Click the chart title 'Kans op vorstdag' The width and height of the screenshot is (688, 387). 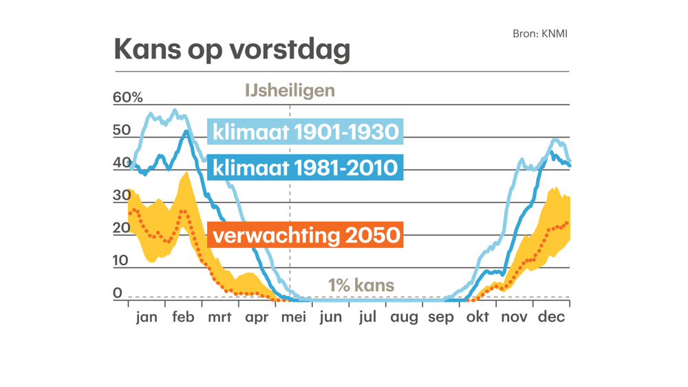point(232,50)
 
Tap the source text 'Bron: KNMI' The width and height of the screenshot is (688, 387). point(540,33)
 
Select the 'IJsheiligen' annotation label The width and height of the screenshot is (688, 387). point(290,90)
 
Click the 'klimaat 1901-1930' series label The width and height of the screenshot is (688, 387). point(305,132)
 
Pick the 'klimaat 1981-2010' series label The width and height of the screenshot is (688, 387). point(305,167)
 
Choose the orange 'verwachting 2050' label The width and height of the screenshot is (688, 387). point(305,235)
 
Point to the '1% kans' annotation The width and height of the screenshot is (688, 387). point(361,285)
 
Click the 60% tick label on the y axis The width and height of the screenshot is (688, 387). point(127,97)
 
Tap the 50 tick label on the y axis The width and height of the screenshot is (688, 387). point(122,130)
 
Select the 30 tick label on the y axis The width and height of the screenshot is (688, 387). point(122,195)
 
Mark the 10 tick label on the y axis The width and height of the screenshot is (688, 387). point(121,260)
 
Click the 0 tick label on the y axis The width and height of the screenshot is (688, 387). point(118,293)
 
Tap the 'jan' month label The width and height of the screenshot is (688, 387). point(147,317)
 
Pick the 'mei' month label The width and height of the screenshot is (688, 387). point(294,317)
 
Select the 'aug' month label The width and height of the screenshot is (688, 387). point(404,317)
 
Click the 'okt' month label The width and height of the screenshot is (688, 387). point(477,317)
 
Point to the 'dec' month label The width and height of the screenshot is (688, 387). point(551,317)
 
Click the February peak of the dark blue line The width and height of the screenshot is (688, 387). point(185,132)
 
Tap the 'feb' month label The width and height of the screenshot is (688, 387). point(183,317)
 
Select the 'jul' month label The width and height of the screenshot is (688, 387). point(367,317)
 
